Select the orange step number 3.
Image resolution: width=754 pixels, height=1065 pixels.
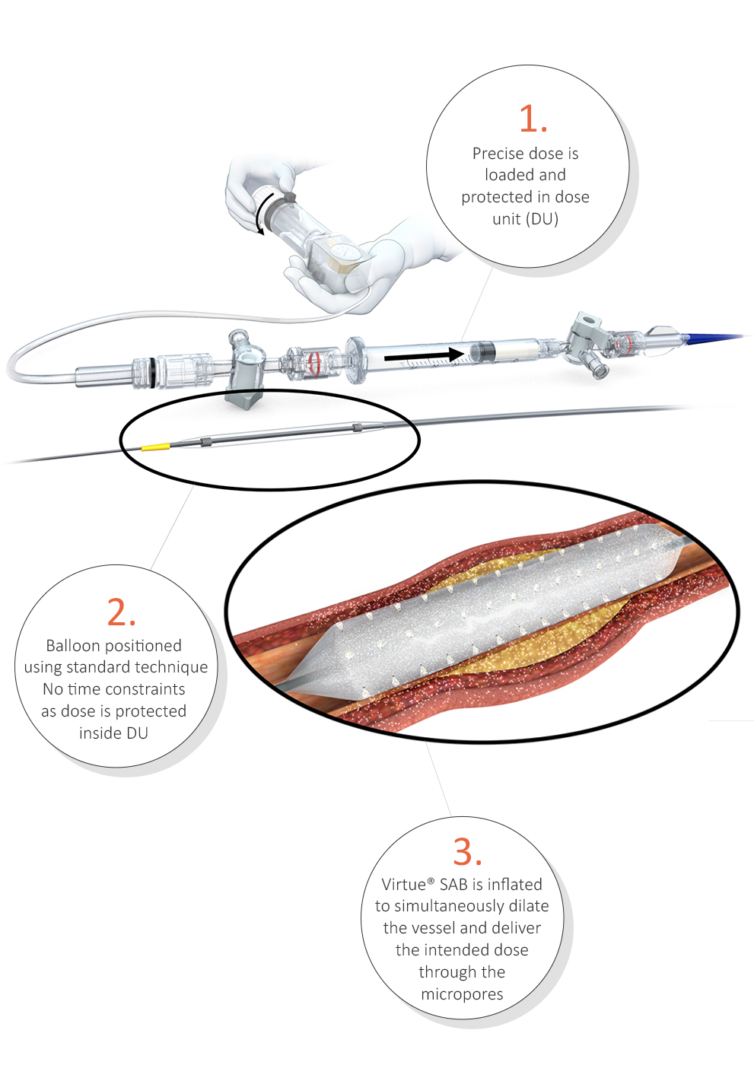coord(467,850)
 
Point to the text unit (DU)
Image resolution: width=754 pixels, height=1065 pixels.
coord(525,219)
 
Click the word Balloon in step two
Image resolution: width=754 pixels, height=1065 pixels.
coord(73,646)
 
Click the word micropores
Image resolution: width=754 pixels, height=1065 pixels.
coord(462,994)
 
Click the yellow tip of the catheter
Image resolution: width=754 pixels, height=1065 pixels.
coord(155,447)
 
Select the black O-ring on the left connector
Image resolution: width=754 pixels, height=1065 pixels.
coord(152,371)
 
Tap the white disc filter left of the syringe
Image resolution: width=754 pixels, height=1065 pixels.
coord(355,359)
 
